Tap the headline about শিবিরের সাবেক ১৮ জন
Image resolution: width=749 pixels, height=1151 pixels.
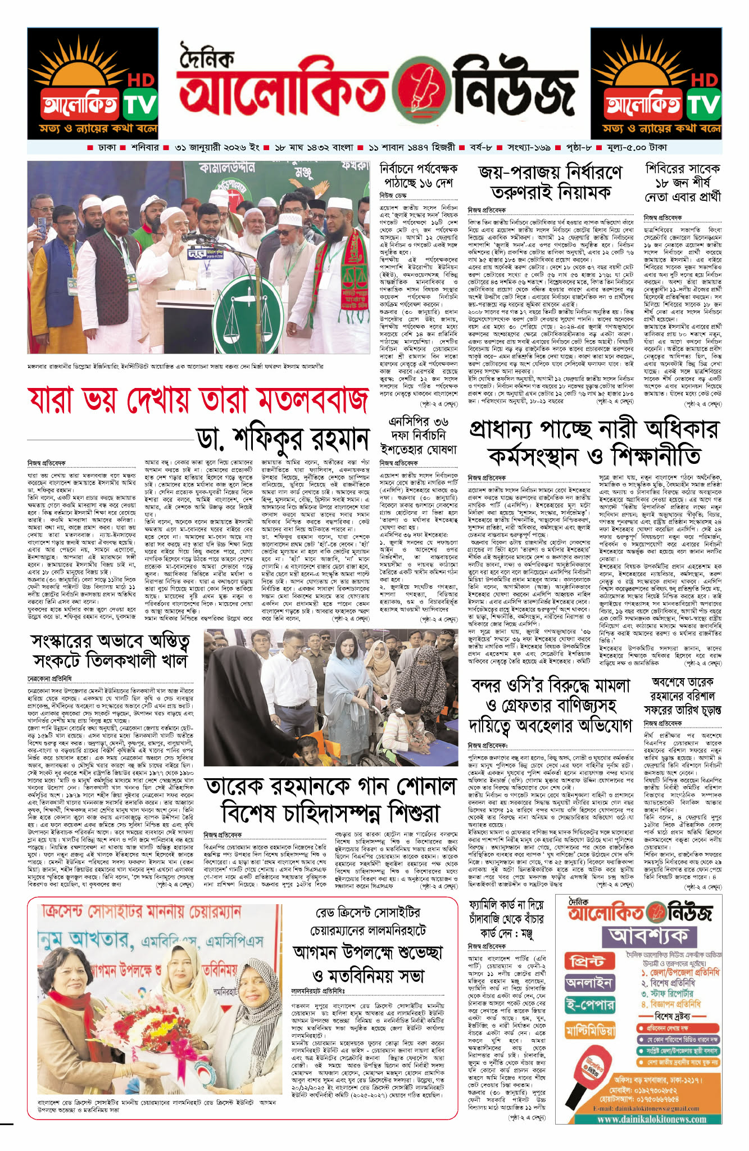tap(682, 182)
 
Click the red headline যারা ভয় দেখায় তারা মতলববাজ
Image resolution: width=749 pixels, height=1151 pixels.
tap(198, 400)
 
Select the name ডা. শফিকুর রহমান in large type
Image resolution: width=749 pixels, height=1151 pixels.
tap(283, 439)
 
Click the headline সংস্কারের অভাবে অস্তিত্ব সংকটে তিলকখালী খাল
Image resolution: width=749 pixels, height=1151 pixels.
tap(110, 651)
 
